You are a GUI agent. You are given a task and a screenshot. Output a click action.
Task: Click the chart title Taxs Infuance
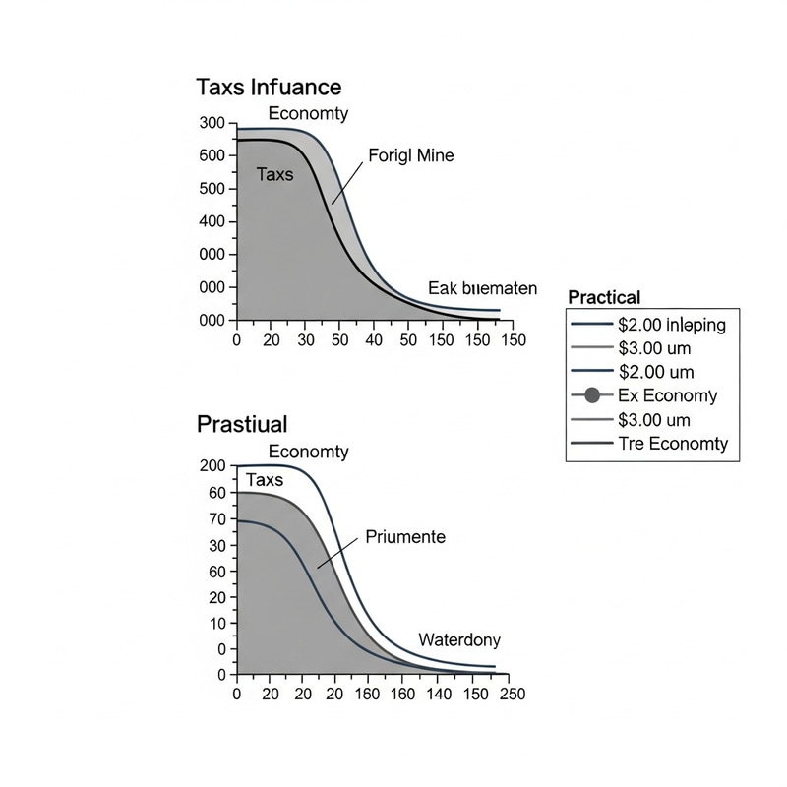click(269, 87)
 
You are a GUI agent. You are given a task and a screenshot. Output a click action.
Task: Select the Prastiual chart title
click(242, 425)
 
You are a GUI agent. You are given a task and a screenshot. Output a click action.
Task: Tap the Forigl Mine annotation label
click(411, 155)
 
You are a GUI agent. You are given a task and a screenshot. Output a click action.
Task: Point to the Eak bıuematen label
click(483, 288)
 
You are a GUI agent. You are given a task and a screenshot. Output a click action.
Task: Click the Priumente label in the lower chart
click(405, 537)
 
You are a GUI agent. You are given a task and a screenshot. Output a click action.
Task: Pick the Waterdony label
click(459, 639)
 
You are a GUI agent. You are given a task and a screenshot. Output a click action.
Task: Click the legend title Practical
click(605, 297)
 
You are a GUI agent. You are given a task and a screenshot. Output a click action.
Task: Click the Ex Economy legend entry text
click(667, 396)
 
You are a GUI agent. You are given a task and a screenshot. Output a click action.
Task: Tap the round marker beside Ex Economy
click(592, 396)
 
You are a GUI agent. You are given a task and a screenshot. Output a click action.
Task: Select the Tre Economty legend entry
click(673, 444)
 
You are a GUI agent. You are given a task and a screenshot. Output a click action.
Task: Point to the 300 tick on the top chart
click(212, 123)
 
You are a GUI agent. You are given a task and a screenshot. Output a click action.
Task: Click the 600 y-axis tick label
click(212, 155)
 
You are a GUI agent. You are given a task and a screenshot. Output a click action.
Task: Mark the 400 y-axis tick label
click(212, 221)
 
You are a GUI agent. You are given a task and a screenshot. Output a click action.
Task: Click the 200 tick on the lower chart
click(212, 465)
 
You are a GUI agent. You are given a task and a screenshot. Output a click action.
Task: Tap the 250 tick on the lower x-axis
click(512, 694)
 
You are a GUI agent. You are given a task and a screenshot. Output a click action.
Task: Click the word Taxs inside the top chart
click(274, 175)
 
